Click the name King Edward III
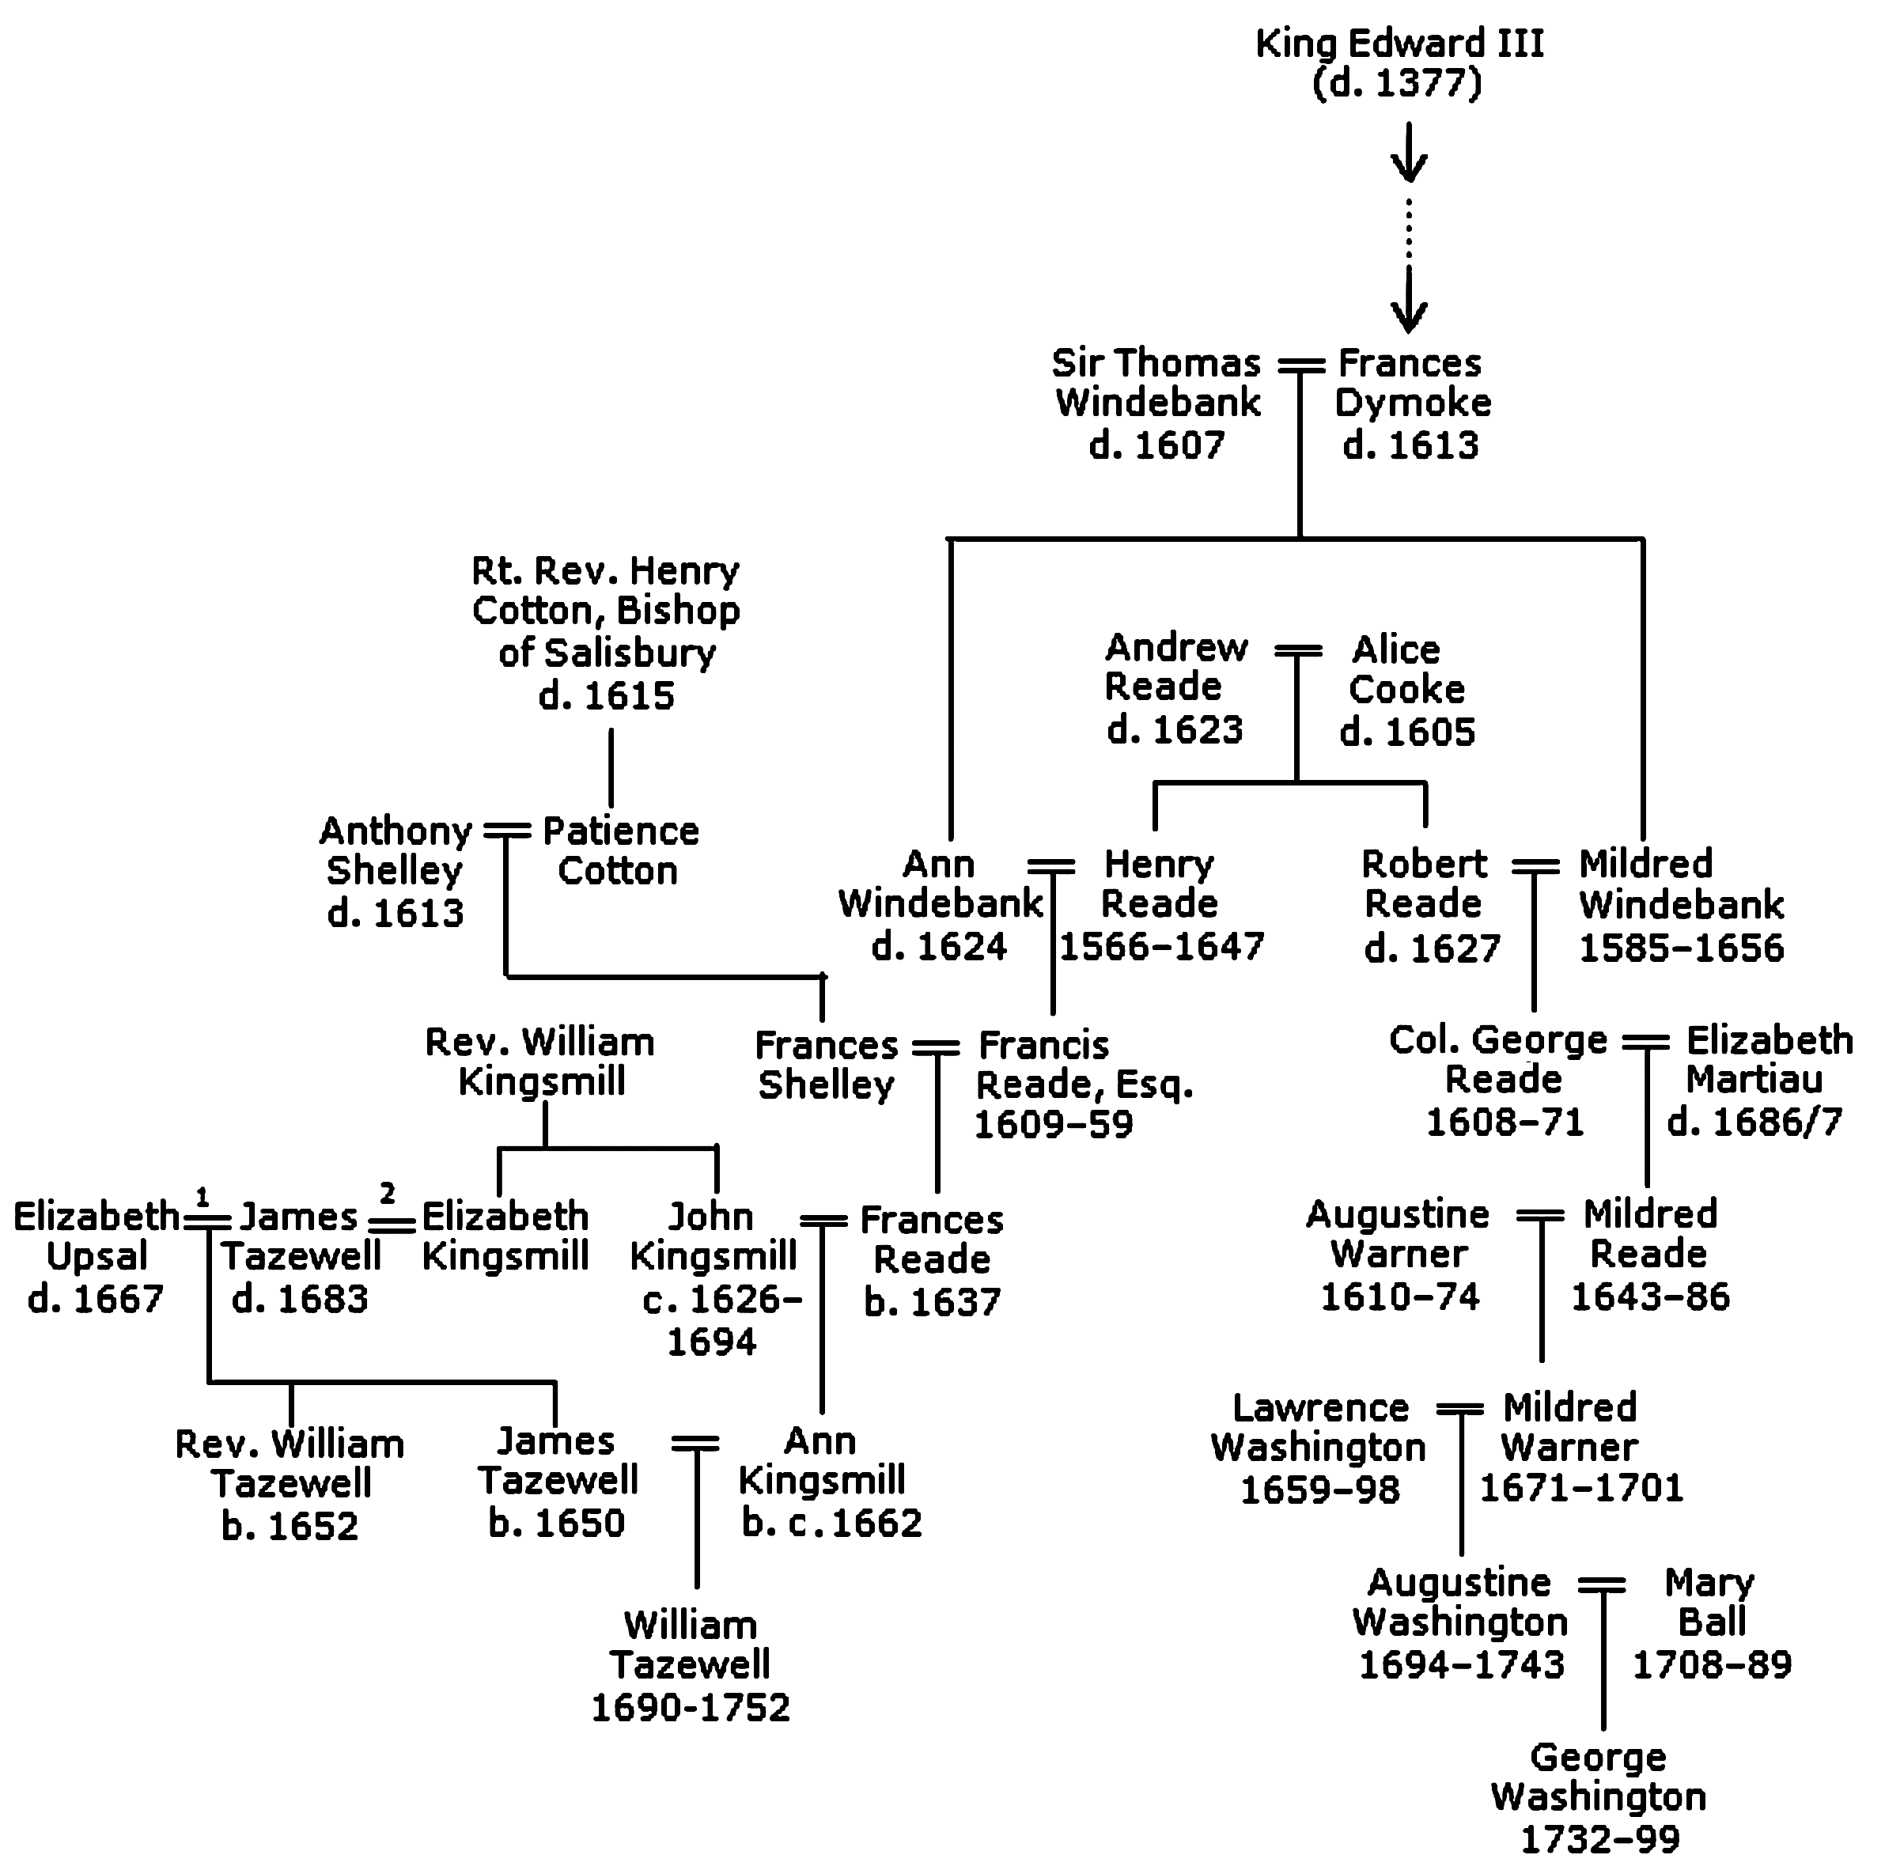(1399, 44)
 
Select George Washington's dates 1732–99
(1600, 1839)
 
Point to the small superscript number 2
(388, 1192)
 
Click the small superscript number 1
(202, 1196)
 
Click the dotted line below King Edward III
(1409, 230)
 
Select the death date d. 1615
(606, 695)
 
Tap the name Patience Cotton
(620, 850)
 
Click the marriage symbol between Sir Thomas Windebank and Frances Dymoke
(1300, 365)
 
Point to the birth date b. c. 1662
(831, 1523)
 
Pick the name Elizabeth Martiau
(1769, 1059)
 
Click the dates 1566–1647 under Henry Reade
(1161, 945)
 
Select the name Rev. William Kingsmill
(540, 1062)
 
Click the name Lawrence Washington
(1319, 1427)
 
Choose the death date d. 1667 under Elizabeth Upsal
(96, 1298)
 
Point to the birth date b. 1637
(932, 1301)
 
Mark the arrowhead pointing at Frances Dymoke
(1409, 314)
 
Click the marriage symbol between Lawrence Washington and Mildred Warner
(1460, 1410)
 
